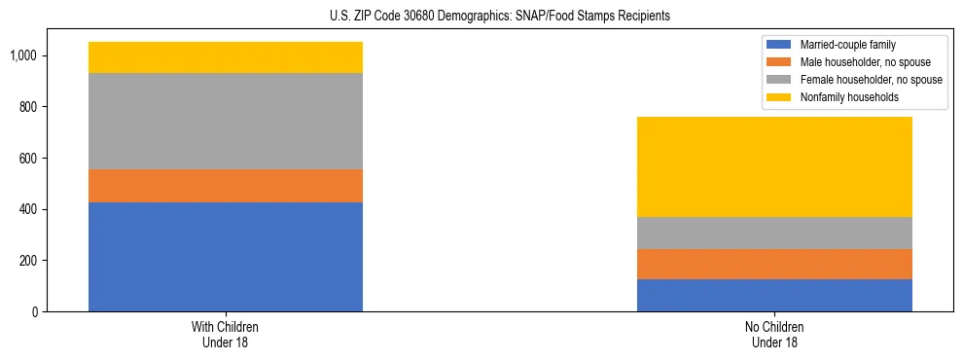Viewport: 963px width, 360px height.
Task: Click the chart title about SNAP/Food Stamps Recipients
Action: [481, 17]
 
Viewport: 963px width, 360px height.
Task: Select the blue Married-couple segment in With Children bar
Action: [226, 257]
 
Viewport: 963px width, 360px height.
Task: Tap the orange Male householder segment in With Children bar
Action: [226, 186]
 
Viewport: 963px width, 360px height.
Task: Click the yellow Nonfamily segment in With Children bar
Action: [226, 57]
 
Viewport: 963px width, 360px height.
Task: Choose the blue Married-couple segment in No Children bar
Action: [774, 296]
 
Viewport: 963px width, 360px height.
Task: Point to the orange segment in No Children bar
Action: [774, 265]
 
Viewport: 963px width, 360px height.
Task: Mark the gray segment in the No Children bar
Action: [774, 234]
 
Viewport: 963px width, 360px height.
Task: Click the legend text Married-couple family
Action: [846, 45]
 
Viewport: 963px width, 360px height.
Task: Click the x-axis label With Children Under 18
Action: [226, 335]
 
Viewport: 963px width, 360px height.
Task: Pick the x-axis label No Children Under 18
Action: [774, 335]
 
